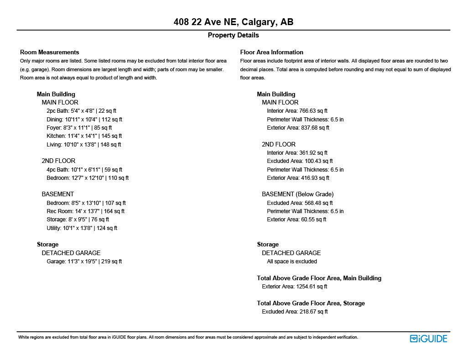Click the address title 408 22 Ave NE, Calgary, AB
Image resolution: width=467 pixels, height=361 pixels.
(233, 22)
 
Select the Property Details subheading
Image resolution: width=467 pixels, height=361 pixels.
(233, 35)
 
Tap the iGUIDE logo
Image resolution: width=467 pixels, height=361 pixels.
(428, 339)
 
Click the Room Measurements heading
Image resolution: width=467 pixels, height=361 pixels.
(50, 52)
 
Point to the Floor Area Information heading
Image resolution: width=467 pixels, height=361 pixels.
(272, 52)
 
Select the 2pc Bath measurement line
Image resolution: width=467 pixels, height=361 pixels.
(81, 111)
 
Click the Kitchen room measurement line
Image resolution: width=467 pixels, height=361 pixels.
(84, 136)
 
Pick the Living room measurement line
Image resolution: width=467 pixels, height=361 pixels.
(83, 145)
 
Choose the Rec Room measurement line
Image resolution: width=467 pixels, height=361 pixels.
(85, 211)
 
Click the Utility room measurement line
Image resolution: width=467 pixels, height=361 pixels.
(82, 228)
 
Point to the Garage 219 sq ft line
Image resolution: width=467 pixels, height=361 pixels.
(84, 262)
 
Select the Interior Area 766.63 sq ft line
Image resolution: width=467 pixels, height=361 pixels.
(297, 111)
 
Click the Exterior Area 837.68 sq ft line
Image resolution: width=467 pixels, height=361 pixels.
(298, 128)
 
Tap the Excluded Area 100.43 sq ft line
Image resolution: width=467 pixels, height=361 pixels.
(300, 161)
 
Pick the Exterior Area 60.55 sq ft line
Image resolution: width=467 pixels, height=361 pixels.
(296, 220)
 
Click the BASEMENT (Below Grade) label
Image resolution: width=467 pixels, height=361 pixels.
(297, 194)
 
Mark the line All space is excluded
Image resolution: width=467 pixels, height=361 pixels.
(292, 262)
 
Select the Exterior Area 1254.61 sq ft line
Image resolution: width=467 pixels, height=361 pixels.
(295, 287)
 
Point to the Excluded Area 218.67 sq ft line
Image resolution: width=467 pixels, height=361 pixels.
(295, 312)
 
